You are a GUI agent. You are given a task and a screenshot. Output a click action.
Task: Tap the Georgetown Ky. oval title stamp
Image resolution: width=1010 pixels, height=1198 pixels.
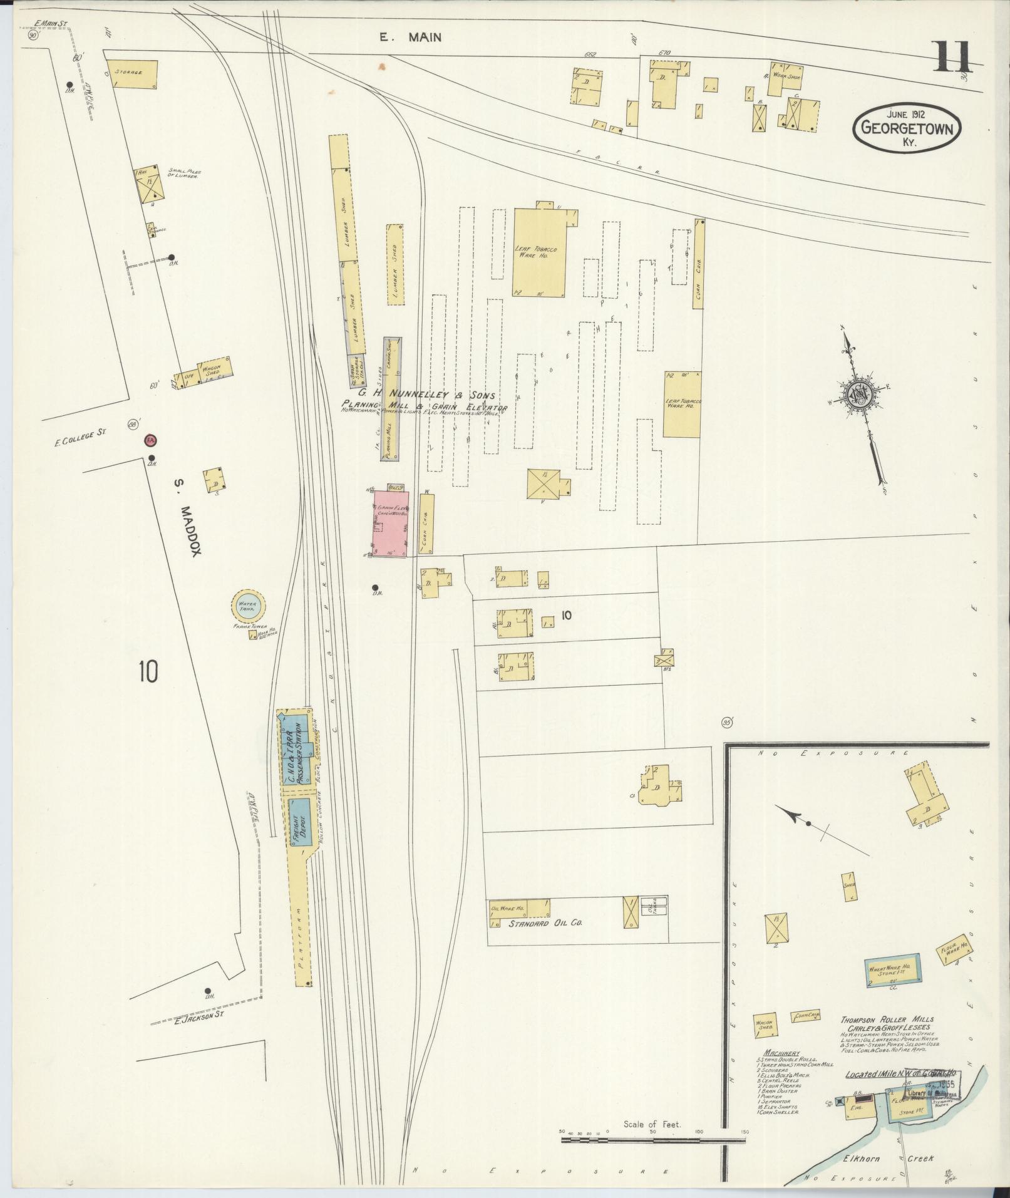(906, 128)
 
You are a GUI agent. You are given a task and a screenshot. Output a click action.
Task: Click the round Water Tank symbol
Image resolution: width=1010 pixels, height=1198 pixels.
(247, 606)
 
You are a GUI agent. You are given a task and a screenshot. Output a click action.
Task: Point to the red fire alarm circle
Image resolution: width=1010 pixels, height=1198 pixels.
(150, 441)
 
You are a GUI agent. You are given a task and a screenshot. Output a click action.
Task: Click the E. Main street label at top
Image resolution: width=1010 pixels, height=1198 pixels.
(410, 38)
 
